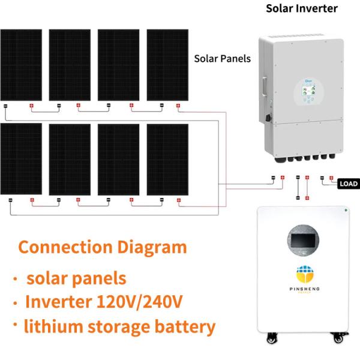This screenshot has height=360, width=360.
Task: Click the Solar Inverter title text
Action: tap(302, 8)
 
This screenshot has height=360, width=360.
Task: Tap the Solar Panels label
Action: tap(223, 59)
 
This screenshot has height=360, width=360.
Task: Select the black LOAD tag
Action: tap(349, 184)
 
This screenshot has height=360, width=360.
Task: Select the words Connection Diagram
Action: tap(103, 247)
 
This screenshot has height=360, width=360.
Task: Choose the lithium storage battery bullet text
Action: tap(119, 327)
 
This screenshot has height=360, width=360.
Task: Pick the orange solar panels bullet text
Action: tap(76, 278)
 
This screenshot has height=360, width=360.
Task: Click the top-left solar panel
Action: tap(21, 65)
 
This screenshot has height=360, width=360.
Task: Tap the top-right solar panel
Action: tap(168, 65)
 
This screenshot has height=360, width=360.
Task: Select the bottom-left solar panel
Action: tap(21, 159)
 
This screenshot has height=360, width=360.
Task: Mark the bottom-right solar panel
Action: tap(168, 159)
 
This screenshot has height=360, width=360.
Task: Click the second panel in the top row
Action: tap(70, 65)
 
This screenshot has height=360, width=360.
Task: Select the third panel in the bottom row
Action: tap(119, 159)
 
